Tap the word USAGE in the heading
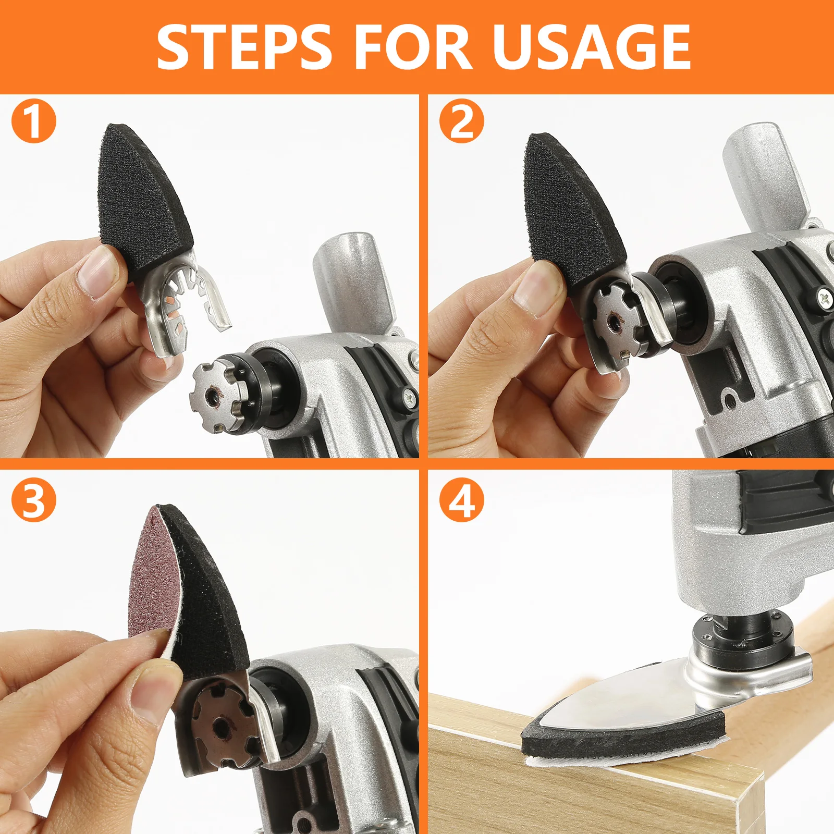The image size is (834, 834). pyautogui.click(x=592, y=47)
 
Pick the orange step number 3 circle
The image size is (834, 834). pyautogui.click(x=33, y=500)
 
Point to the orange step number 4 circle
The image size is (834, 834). pyautogui.click(x=461, y=500)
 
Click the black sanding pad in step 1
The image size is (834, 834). pyautogui.click(x=143, y=201)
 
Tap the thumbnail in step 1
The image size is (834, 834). pyautogui.click(x=97, y=271)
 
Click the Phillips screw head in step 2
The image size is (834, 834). pyautogui.click(x=824, y=299)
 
